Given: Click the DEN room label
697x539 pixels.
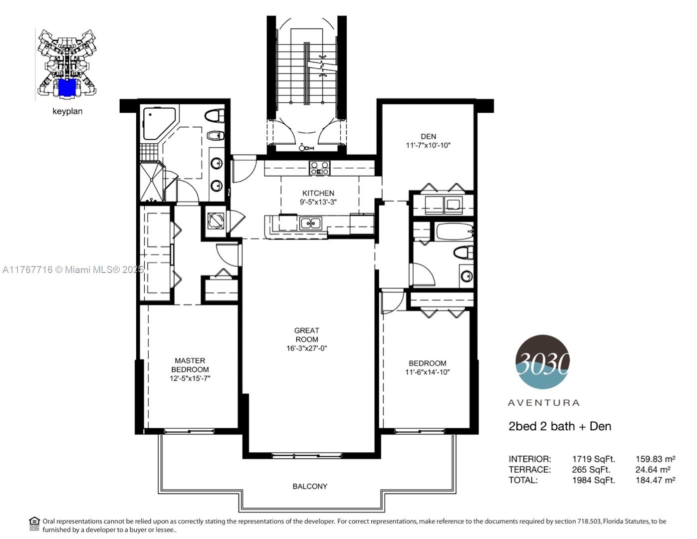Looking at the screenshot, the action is (x=428, y=136).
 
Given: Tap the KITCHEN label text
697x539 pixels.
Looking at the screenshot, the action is (x=318, y=193).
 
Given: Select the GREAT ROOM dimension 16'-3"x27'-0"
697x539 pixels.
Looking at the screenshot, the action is (x=307, y=348).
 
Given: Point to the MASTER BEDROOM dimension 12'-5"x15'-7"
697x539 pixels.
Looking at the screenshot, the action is (x=190, y=378).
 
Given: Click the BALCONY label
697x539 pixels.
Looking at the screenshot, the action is (x=310, y=487).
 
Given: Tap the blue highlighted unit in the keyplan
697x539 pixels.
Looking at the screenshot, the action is (x=67, y=87).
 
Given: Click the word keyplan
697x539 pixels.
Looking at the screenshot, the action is (x=67, y=111).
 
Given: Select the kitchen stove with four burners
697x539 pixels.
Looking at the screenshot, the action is (x=319, y=168).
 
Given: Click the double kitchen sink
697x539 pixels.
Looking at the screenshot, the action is (x=310, y=223).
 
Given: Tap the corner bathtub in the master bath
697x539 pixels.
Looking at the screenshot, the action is (x=159, y=123).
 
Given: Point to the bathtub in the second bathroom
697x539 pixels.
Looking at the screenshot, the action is (x=454, y=232).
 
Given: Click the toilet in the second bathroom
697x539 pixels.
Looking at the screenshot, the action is (x=464, y=253).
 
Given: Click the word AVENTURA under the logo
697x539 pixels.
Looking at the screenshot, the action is (x=544, y=403).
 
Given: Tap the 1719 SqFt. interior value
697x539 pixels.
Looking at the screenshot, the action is (x=594, y=459).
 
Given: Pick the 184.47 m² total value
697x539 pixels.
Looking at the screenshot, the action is (x=655, y=480).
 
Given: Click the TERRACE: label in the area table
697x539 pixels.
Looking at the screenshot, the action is (x=529, y=470).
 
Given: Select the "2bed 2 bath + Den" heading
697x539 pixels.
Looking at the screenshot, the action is (x=560, y=426).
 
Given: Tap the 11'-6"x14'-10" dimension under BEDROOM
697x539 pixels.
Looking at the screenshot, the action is (x=427, y=372).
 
